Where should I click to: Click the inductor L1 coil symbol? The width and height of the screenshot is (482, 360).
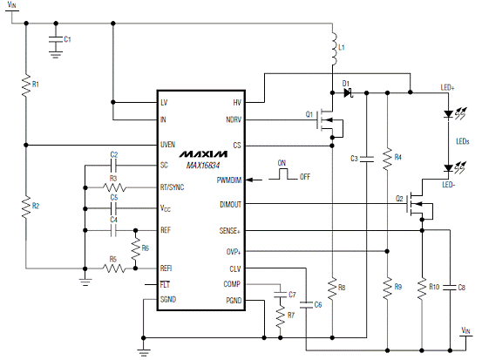(334, 48)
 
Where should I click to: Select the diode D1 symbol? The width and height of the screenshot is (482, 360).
(349, 92)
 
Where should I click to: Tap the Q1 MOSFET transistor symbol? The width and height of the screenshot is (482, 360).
(329, 123)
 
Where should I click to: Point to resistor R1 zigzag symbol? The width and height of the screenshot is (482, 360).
(26, 85)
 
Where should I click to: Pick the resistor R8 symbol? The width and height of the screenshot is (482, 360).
(332, 288)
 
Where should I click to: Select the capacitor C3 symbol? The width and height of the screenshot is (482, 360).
(367, 159)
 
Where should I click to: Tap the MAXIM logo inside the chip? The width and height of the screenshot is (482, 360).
(203, 153)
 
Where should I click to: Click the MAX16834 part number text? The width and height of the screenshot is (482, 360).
(203, 166)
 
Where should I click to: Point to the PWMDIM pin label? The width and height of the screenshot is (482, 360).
(229, 180)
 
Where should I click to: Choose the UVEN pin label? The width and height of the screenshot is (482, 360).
(167, 145)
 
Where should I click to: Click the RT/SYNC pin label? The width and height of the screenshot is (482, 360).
(173, 187)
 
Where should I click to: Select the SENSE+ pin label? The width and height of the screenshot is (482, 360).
(229, 231)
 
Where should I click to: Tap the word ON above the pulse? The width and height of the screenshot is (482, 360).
(282, 163)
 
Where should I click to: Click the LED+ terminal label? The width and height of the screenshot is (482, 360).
(447, 88)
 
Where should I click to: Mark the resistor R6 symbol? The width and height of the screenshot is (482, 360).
(136, 248)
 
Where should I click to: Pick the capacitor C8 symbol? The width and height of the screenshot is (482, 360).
(450, 288)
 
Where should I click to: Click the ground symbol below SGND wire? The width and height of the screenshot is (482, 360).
(144, 352)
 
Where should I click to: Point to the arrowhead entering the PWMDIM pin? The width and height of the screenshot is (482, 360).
(250, 180)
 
